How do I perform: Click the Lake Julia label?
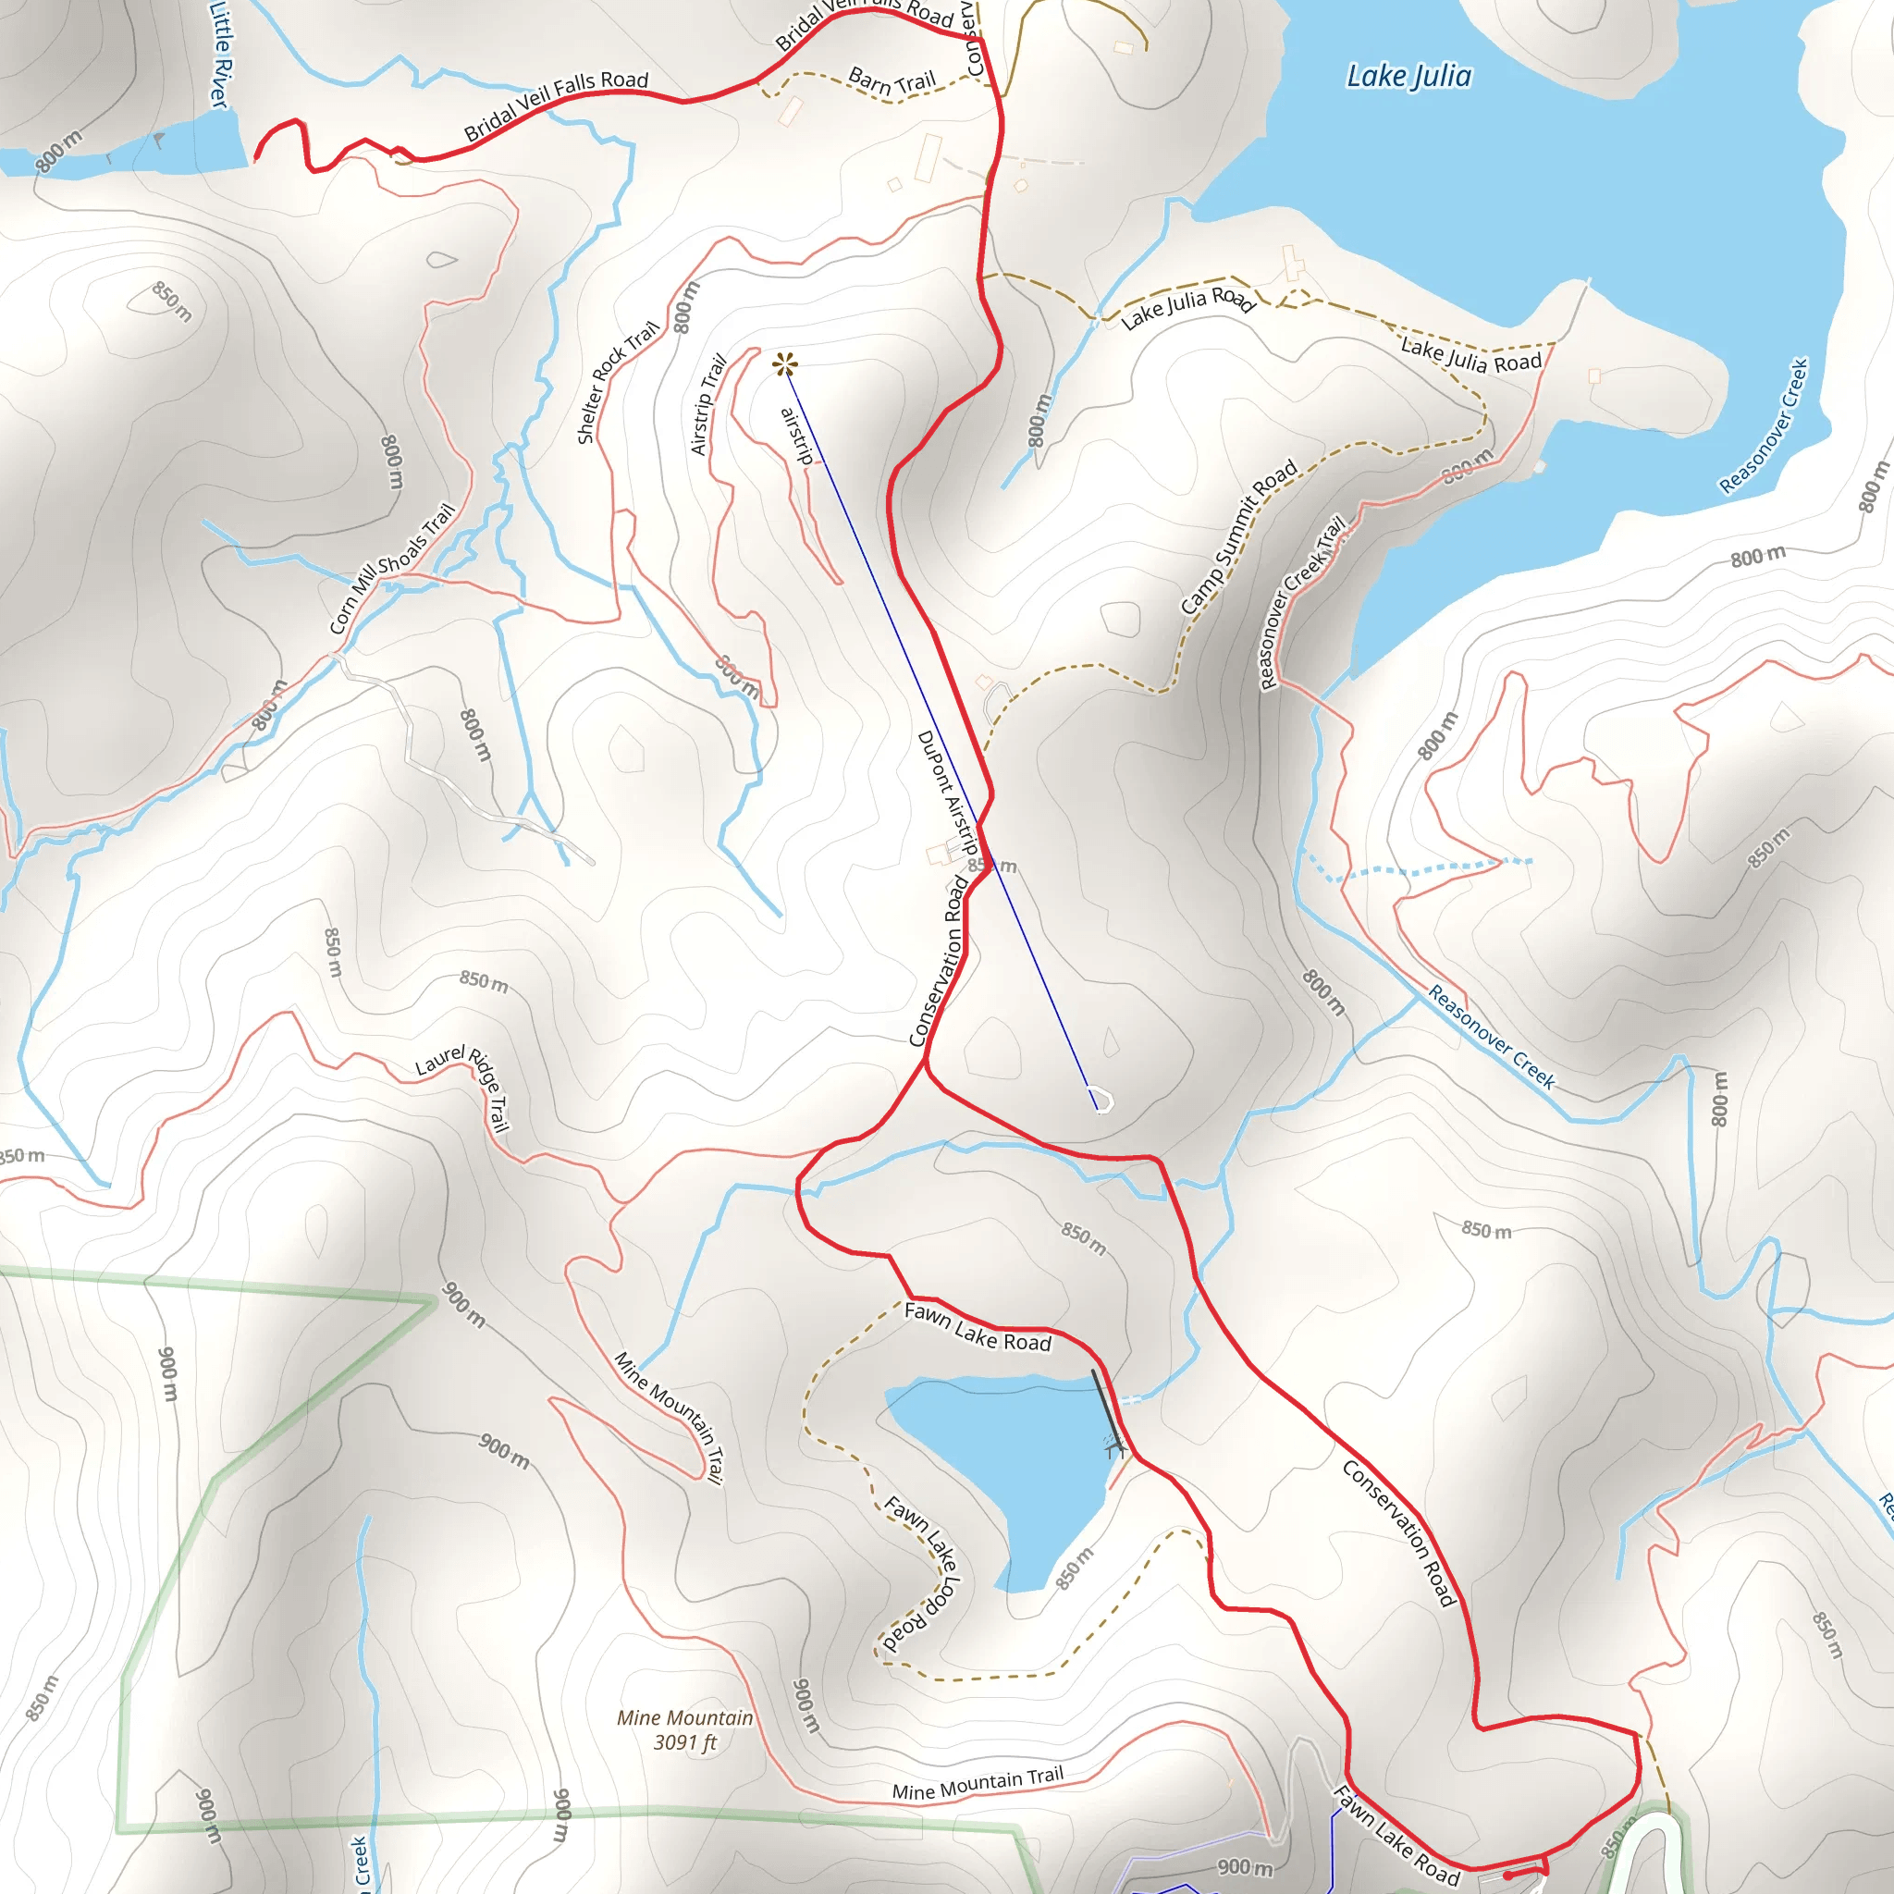1408,77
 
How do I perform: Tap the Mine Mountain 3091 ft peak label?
684,1729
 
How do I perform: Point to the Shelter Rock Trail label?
617,382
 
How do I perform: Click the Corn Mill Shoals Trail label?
392,568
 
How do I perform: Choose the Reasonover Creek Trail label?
1301,603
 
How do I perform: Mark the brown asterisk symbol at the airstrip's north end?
784,365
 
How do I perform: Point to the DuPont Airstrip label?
948,793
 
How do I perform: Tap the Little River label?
219,54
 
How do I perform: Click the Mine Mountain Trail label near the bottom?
978,1783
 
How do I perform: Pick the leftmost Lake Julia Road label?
1187,308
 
